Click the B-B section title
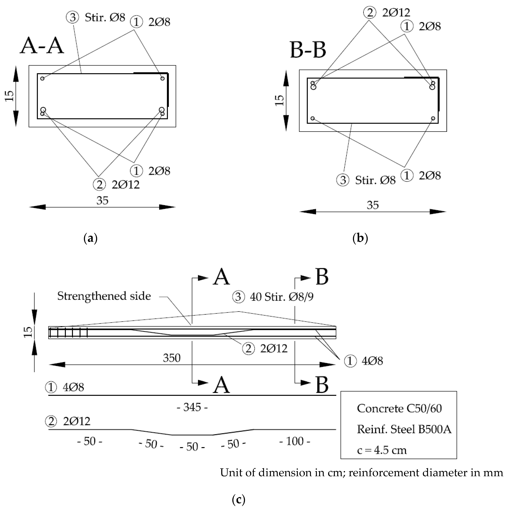(x=308, y=50)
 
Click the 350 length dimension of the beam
(x=172, y=358)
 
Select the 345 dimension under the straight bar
(x=192, y=407)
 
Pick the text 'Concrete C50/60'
(x=399, y=408)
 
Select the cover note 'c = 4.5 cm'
(x=382, y=450)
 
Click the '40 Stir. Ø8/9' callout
(x=282, y=297)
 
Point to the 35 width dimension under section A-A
(x=102, y=201)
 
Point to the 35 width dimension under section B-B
(x=372, y=205)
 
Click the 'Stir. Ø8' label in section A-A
(x=105, y=17)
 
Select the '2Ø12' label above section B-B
(x=396, y=13)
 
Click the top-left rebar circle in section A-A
(x=42, y=78)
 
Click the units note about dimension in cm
(x=361, y=473)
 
